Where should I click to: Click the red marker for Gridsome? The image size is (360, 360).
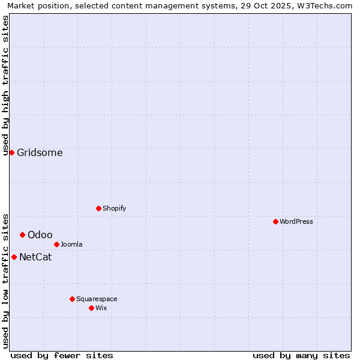click(11, 152)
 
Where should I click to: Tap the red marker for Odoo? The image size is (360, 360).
click(22, 235)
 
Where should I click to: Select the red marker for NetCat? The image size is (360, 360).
click(14, 257)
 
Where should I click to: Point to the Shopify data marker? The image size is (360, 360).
click(98, 208)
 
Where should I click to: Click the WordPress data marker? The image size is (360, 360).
click(275, 221)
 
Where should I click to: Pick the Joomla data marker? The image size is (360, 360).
click(56, 244)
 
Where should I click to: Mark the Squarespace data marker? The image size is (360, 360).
click(72, 299)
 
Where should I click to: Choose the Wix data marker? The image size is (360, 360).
click(91, 308)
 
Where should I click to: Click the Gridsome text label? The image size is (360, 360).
click(40, 153)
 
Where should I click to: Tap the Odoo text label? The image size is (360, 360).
click(40, 235)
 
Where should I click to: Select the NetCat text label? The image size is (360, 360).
click(35, 257)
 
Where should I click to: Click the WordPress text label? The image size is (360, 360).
click(296, 222)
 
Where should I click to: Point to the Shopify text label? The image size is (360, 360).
click(115, 209)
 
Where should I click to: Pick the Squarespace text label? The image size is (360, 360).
click(97, 299)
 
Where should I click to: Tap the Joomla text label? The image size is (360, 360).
click(71, 245)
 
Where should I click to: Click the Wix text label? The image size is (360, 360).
click(101, 308)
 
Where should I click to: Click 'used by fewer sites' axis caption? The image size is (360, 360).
click(62, 355)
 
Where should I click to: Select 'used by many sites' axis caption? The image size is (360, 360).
click(301, 355)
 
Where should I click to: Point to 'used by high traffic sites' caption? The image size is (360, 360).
click(6, 85)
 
